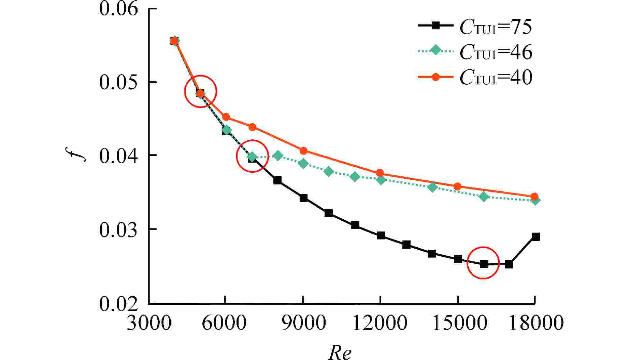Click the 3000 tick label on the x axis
(x=149, y=323)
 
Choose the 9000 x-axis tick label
(x=303, y=323)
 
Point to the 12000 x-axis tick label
(x=380, y=323)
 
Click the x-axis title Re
(x=340, y=352)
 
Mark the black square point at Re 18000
(x=535, y=237)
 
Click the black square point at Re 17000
(x=509, y=264)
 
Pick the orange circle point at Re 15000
(x=457, y=186)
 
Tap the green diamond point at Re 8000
(x=278, y=156)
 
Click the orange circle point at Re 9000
(x=303, y=151)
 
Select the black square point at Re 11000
(x=355, y=225)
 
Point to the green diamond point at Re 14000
(x=432, y=187)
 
